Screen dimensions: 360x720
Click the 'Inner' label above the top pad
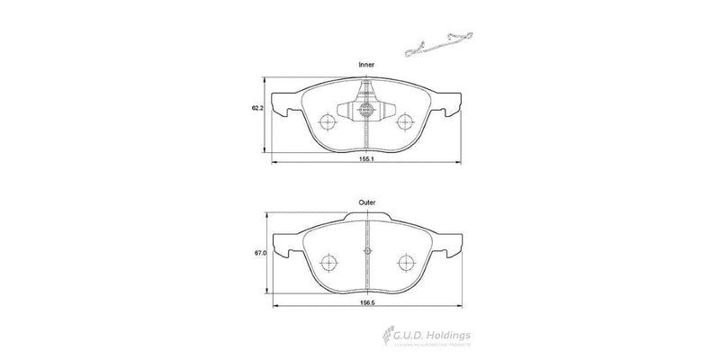(x=366, y=66)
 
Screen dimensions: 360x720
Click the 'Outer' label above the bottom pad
(x=366, y=203)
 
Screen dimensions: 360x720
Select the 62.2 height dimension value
(x=256, y=108)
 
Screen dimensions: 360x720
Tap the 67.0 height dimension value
(x=259, y=255)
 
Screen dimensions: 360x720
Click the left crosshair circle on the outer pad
(x=329, y=262)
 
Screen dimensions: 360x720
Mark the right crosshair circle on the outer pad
(x=404, y=262)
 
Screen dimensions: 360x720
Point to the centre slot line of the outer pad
(x=366, y=261)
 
